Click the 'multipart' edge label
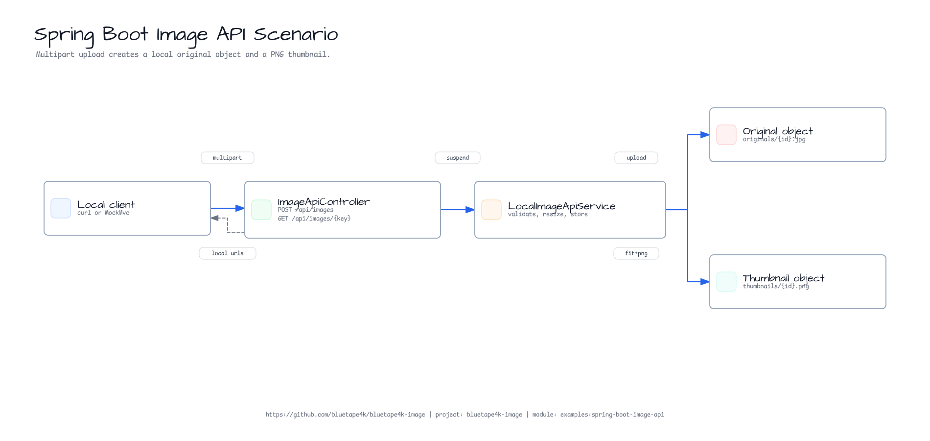coord(228,158)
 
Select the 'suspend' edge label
coord(458,158)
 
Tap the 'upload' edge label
coord(636,158)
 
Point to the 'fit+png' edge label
coord(636,253)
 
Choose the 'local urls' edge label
coord(228,253)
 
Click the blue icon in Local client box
coord(61,208)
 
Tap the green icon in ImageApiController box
coord(261,210)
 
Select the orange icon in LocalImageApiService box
coord(491,210)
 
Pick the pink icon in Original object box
coord(726,135)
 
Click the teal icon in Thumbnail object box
coord(726,282)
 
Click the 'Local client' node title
coord(106,205)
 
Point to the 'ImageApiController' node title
coord(324,202)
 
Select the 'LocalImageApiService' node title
coord(561,206)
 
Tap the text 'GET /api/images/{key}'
coord(314,219)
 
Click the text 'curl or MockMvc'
coord(103,213)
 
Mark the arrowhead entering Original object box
coord(705,135)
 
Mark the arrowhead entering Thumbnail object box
coord(705,282)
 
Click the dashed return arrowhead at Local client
coord(215,218)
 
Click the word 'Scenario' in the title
coord(296,34)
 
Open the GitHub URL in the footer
coord(345,415)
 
